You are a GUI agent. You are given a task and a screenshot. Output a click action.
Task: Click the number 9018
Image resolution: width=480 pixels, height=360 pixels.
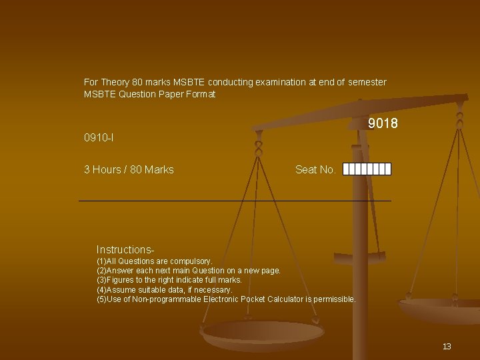pyautogui.click(x=383, y=124)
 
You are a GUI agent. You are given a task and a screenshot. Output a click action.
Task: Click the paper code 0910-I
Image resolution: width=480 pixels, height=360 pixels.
pyautogui.click(x=99, y=138)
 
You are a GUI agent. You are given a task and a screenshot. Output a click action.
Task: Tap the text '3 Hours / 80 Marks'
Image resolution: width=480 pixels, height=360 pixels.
pyautogui.click(x=129, y=169)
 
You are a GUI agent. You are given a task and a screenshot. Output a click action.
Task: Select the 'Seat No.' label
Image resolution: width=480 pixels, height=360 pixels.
pyautogui.click(x=315, y=169)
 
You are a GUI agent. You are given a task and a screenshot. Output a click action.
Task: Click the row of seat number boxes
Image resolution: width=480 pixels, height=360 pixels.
pyautogui.click(x=367, y=169)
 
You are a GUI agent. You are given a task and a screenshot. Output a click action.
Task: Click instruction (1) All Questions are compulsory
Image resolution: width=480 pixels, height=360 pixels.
pyautogui.click(x=155, y=261)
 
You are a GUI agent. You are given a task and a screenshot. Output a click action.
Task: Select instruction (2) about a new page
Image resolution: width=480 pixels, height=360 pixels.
pyautogui.click(x=189, y=271)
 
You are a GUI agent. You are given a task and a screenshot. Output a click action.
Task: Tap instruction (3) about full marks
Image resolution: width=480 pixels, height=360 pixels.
pyautogui.click(x=169, y=280)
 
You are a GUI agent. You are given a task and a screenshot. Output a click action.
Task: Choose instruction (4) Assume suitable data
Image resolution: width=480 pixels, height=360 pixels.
pyautogui.click(x=165, y=290)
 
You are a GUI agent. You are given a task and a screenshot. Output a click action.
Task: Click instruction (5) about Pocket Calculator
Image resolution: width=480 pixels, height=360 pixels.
pyautogui.click(x=227, y=299)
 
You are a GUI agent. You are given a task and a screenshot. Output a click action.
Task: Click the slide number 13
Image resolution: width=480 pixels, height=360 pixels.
pyautogui.click(x=447, y=346)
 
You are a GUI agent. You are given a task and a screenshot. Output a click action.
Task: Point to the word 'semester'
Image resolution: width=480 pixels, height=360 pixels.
pyautogui.click(x=367, y=82)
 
